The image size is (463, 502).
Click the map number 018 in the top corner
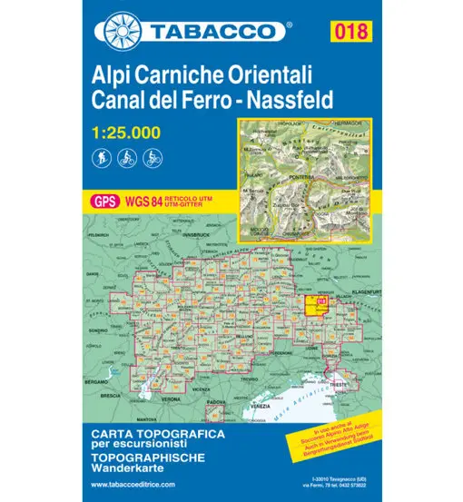coord(350,34)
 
